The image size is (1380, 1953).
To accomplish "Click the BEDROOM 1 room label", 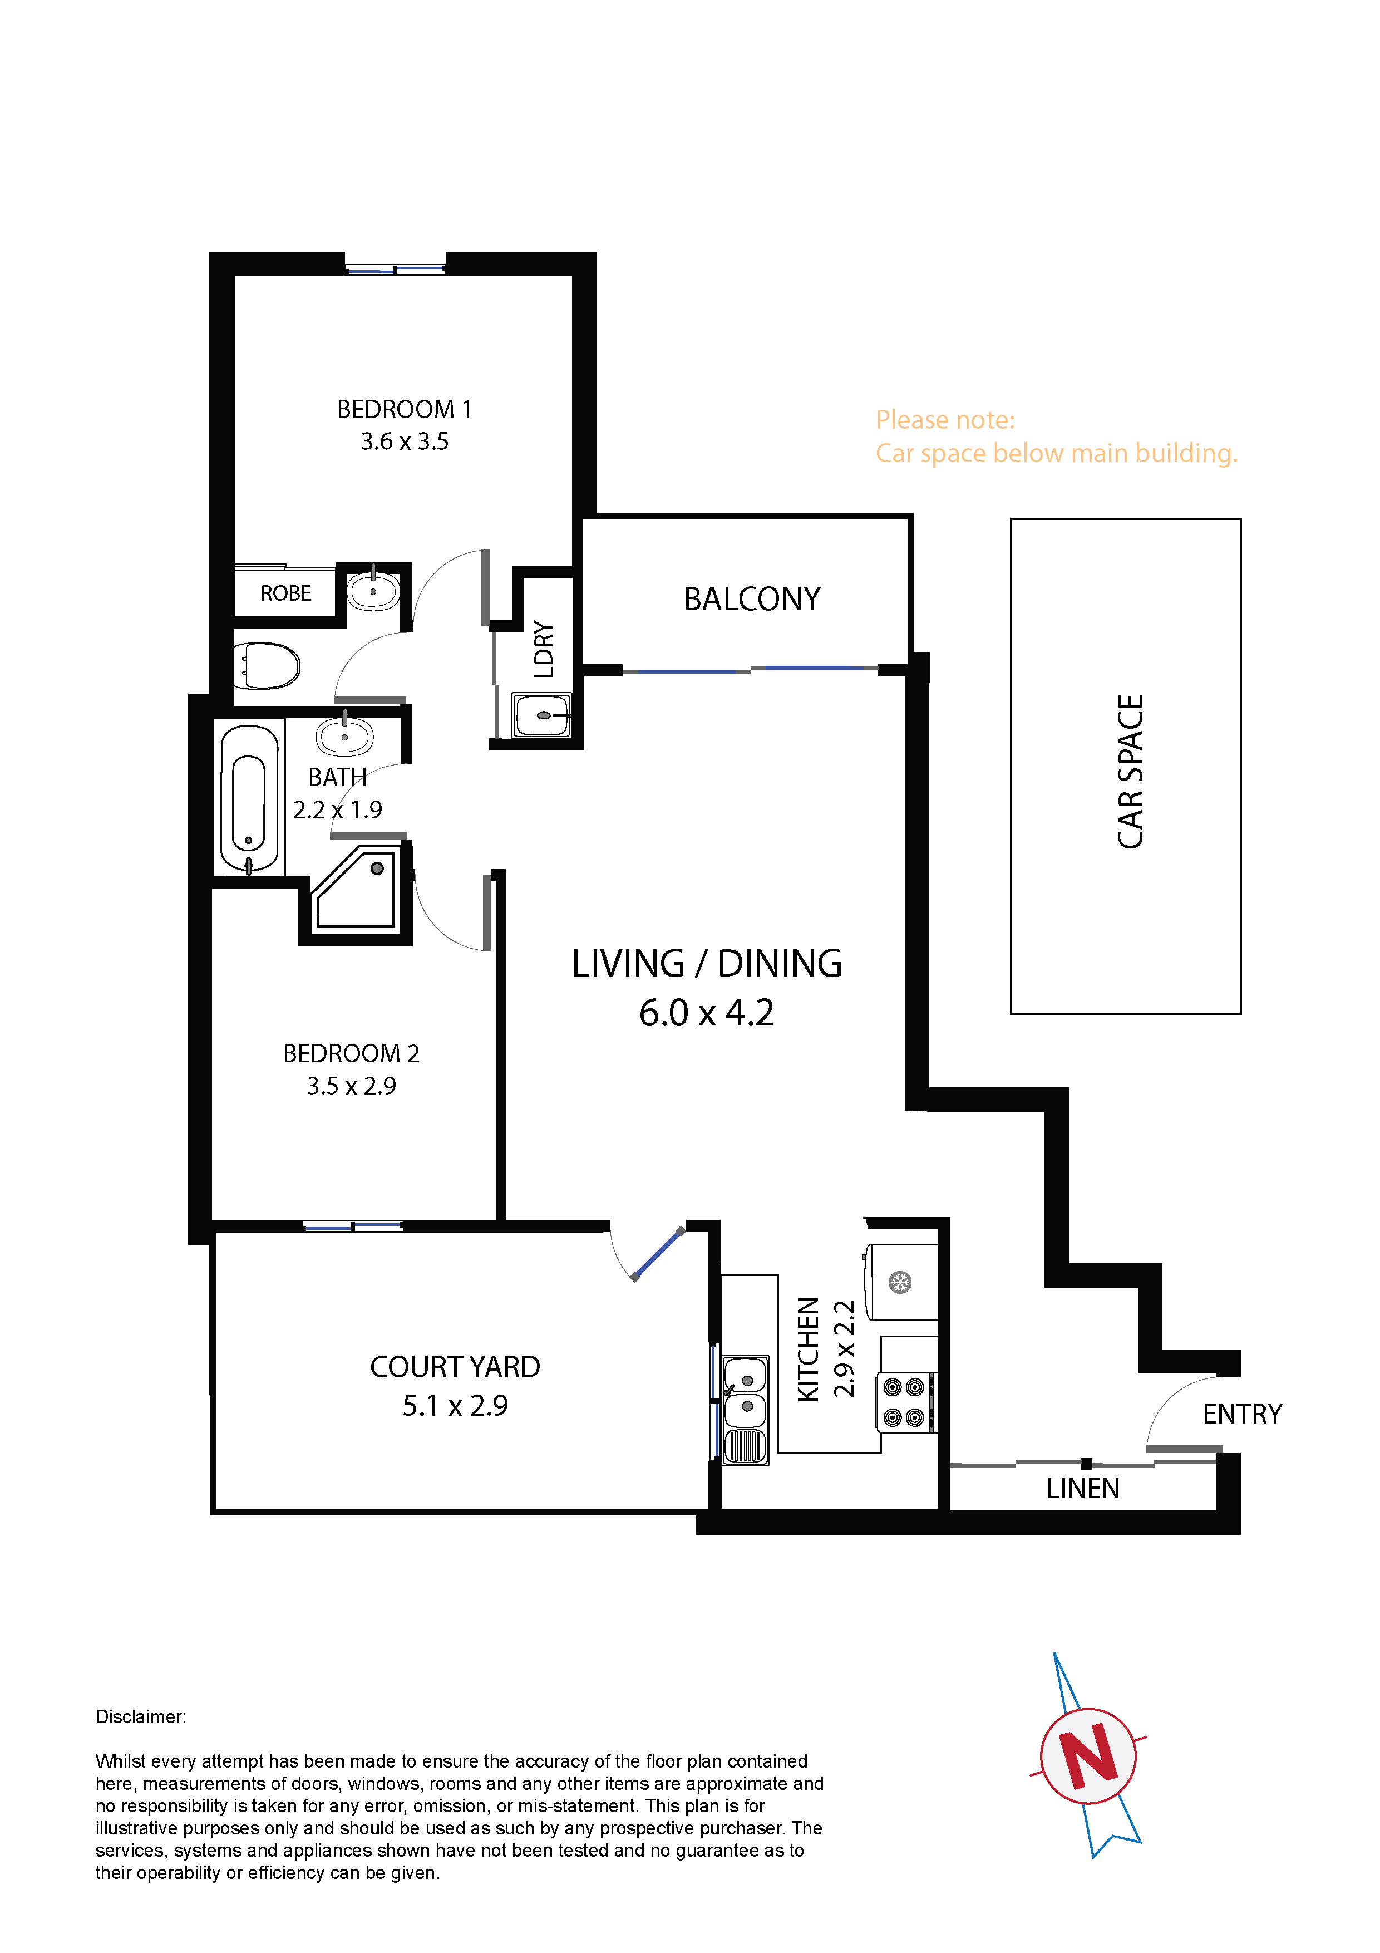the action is point(405,409).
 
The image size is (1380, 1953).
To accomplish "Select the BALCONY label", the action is point(752,599).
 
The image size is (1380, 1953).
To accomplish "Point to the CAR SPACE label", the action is point(1130,772).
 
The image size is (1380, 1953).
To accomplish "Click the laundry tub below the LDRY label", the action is point(541,715).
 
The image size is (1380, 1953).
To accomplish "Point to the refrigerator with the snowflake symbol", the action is point(900,1282).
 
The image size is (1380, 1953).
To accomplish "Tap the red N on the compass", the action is point(1089,1756).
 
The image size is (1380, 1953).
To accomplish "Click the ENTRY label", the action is point(1241,1414).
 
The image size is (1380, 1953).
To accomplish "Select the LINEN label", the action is point(1082,1489).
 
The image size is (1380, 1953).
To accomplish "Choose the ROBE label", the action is point(285,593).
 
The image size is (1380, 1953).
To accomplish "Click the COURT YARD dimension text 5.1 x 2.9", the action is point(455,1405).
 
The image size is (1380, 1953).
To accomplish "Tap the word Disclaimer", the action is point(140,1716).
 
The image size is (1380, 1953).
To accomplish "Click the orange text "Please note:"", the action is point(945,420).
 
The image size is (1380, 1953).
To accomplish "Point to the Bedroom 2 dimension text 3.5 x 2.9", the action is point(351,1086).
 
